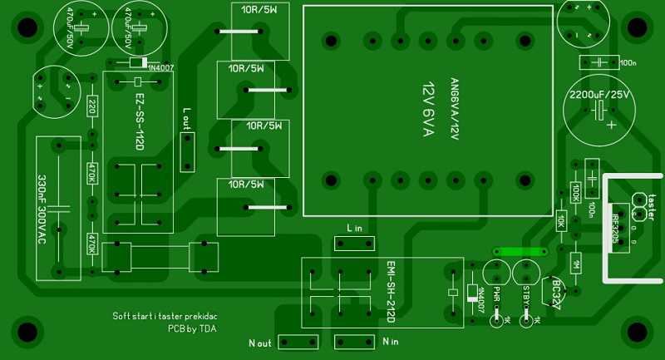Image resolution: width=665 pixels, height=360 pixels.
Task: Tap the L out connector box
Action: coord(187,149)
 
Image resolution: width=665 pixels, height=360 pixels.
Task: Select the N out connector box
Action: coord(298,342)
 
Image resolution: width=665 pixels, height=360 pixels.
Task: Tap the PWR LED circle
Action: coord(496,274)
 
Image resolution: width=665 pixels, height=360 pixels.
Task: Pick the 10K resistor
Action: coord(561,221)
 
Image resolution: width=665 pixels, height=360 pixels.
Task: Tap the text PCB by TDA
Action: coord(193,328)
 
